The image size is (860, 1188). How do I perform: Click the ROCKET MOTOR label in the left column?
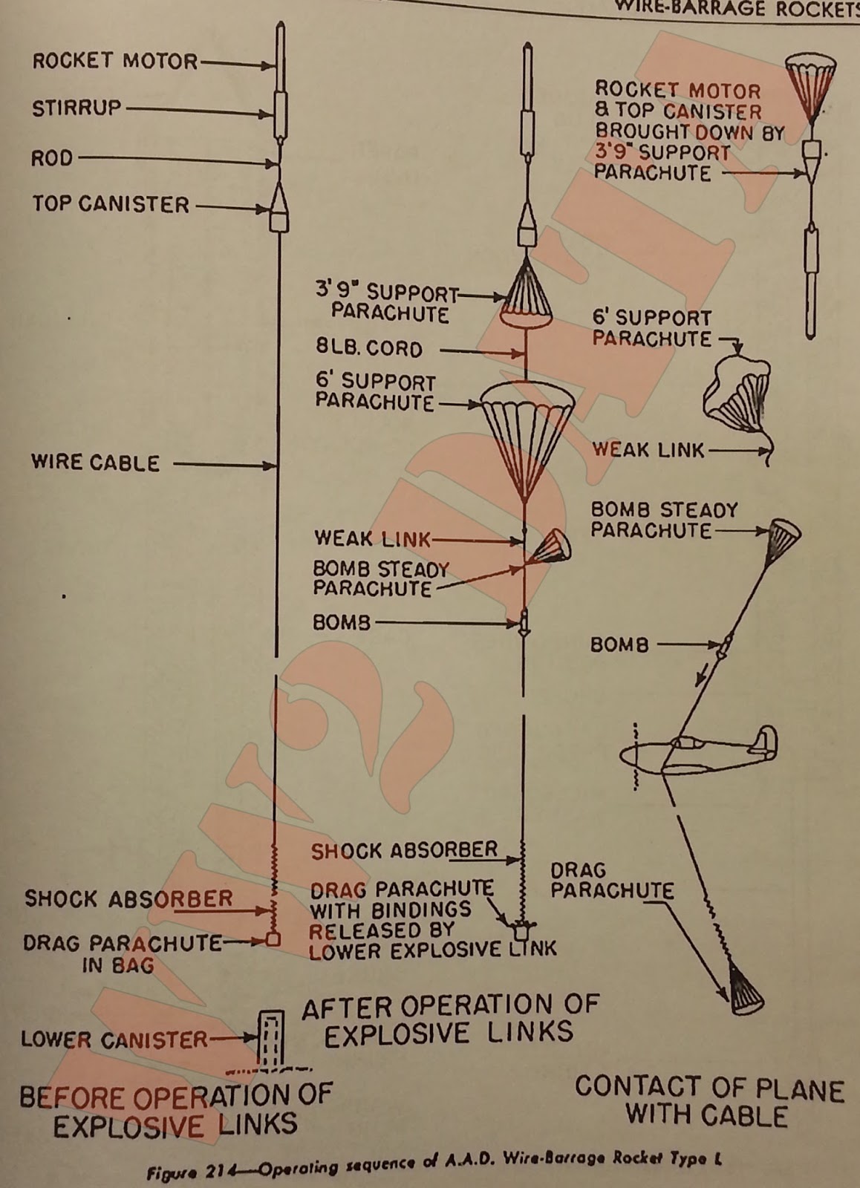115,61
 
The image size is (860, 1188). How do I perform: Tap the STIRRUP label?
76,108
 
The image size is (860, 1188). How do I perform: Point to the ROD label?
52,158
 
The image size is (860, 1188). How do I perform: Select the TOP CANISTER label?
111,204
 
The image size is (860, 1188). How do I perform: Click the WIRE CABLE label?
95,463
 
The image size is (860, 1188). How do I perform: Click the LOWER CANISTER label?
114,1039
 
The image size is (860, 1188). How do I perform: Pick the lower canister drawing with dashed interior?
271,1038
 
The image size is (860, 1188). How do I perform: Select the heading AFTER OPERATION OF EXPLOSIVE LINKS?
449,1019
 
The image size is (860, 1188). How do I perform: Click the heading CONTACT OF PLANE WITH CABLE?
709,1102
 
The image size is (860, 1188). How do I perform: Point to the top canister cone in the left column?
278,199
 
